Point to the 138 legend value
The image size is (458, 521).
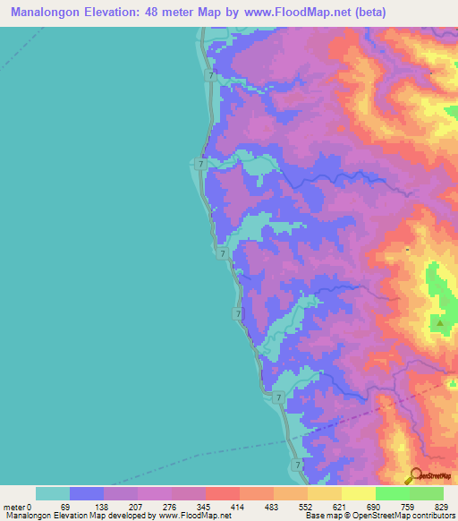104,508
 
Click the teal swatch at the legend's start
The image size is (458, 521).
53,493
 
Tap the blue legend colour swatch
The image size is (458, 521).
87,493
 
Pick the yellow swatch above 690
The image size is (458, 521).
359,493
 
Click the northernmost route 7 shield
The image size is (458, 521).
210,77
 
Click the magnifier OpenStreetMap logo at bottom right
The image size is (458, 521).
417,475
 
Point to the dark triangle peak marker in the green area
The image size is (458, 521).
439,320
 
